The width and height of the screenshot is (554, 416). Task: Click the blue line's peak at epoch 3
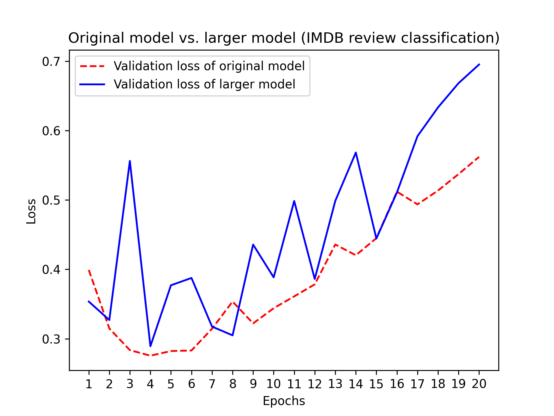pos(130,161)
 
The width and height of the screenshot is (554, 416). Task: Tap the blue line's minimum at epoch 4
pos(150,346)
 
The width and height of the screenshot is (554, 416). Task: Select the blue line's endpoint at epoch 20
pos(479,64)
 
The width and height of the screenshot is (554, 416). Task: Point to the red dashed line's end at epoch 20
pos(479,157)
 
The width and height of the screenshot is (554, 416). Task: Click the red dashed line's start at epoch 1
pos(89,270)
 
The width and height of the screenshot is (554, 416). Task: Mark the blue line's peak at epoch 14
pos(356,153)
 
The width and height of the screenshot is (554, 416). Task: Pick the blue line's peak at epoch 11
pos(294,201)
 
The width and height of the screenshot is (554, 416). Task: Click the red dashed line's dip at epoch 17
pos(418,205)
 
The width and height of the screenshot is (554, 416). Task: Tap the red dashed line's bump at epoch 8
pos(233,302)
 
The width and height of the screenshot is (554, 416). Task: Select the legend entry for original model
pos(209,66)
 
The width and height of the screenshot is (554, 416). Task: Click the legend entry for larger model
pos(204,84)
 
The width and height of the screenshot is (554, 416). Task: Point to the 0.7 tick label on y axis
pos(52,62)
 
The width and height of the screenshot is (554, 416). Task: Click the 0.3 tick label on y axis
pos(52,339)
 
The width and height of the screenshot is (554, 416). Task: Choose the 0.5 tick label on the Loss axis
pos(52,200)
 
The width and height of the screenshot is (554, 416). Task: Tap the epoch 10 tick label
pos(273,384)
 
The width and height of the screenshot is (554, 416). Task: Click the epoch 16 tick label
pos(397,384)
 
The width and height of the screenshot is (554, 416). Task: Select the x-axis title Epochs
pos(284,401)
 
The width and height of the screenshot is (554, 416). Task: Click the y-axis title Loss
pos(31,211)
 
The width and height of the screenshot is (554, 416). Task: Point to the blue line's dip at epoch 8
pos(233,335)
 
